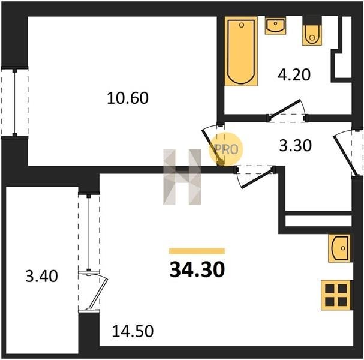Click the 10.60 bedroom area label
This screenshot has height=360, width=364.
[x=128, y=98]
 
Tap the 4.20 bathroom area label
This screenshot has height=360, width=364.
[x=294, y=75]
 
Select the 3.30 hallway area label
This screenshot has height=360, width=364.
[x=295, y=146]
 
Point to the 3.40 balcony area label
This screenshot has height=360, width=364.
[x=41, y=276]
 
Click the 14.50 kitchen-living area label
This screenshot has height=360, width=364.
[x=133, y=331]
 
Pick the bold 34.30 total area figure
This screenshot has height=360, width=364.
[x=197, y=269]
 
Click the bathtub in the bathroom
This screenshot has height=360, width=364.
[x=241, y=51]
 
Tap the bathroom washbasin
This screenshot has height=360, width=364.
[x=276, y=26]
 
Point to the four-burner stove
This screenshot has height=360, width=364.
[x=336, y=295]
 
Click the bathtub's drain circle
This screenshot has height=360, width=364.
[x=242, y=25]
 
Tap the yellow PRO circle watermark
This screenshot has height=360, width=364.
[x=225, y=149]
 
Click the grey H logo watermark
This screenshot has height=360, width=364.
[x=182, y=177]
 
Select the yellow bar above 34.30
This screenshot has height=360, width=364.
[x=197, y=251]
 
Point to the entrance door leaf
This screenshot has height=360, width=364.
[x=343, y=156]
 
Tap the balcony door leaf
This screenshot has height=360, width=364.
[x=98, y=293]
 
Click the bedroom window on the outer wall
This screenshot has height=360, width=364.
[x=14, y=103]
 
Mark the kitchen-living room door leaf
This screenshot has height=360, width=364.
[x=257, y=179]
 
